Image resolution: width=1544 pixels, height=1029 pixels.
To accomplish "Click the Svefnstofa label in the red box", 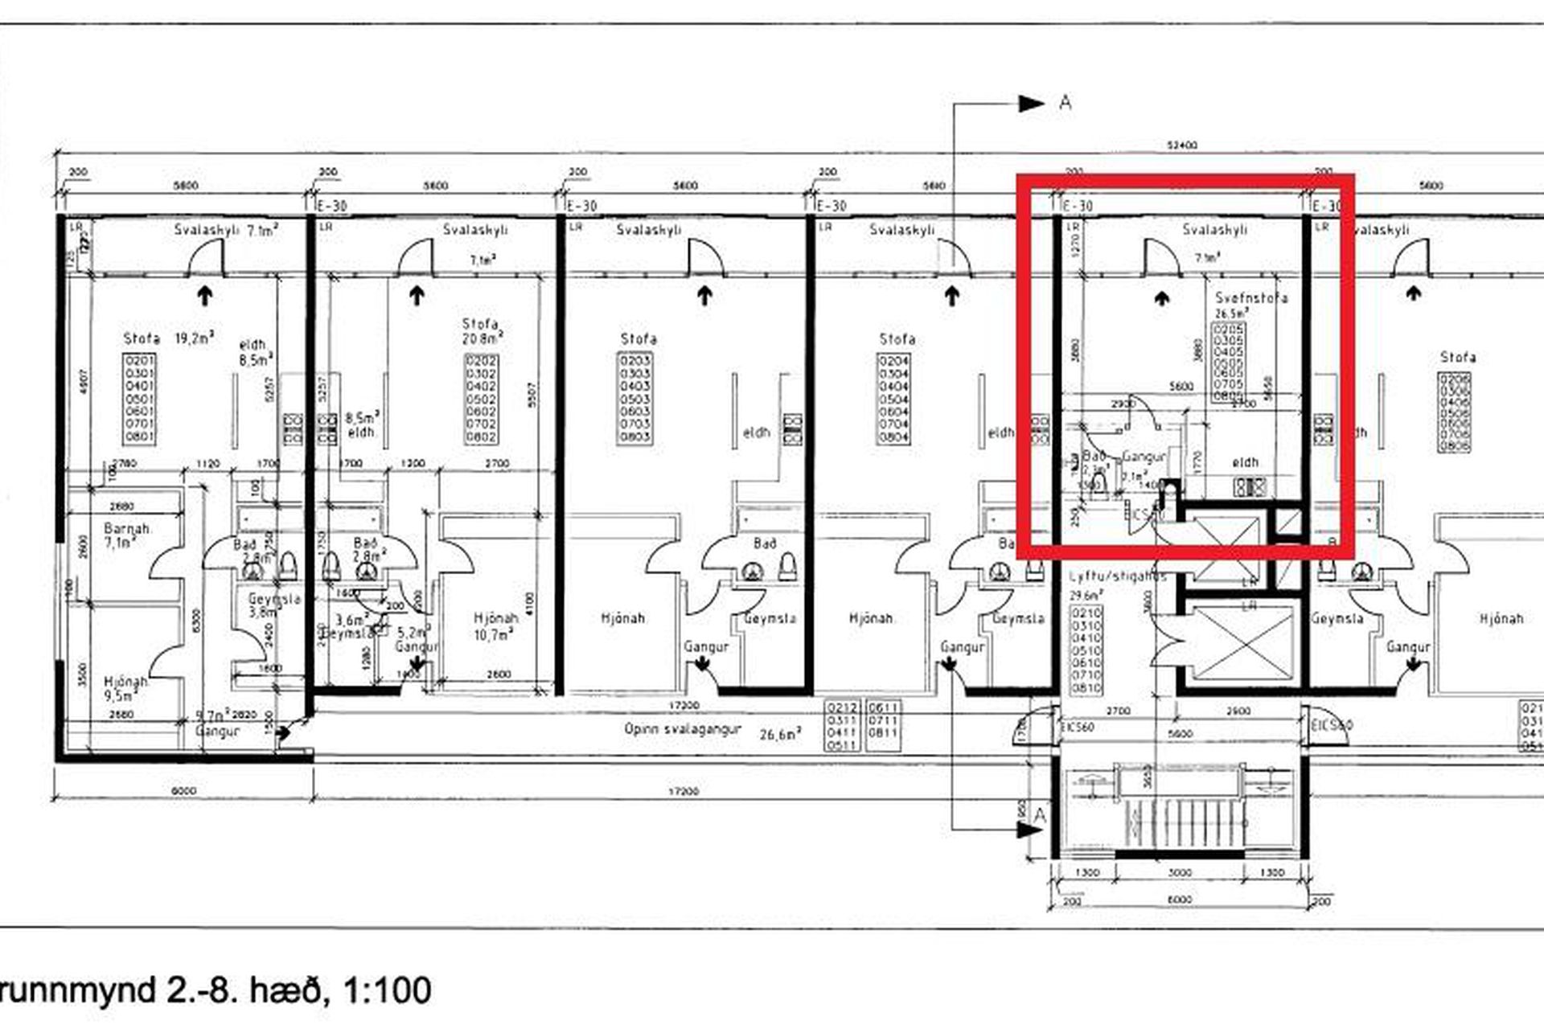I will pos(1250,297).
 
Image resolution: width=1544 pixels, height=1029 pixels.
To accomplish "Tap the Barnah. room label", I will pos(128,529).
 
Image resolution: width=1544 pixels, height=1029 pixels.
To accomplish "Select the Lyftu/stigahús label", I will pos(1117,577).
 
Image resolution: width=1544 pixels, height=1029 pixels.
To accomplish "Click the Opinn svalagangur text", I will pos(681,730).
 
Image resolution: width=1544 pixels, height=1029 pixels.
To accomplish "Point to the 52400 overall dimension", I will pos(1182,146).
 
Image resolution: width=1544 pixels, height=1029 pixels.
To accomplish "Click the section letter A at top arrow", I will pos(1066,103).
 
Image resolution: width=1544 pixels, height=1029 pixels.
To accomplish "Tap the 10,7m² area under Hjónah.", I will pos(493,635).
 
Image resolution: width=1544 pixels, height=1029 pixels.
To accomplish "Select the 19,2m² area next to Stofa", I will pos(195,338).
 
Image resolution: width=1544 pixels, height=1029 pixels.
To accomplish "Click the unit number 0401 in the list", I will pos(139,386).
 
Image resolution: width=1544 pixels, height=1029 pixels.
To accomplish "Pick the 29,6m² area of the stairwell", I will pos(1085,596).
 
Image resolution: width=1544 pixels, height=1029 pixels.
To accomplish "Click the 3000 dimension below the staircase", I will pos(1180,873).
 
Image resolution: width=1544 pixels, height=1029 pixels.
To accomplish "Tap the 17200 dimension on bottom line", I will pos(684,792).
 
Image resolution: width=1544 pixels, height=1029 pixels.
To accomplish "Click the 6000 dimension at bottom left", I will pos(184,792).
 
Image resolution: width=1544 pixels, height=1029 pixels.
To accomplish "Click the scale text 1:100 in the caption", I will pos(388,990).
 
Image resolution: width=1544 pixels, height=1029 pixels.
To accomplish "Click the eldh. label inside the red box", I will pos(1246,462).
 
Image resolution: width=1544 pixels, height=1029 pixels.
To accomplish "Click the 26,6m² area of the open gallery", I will pos(780,734).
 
